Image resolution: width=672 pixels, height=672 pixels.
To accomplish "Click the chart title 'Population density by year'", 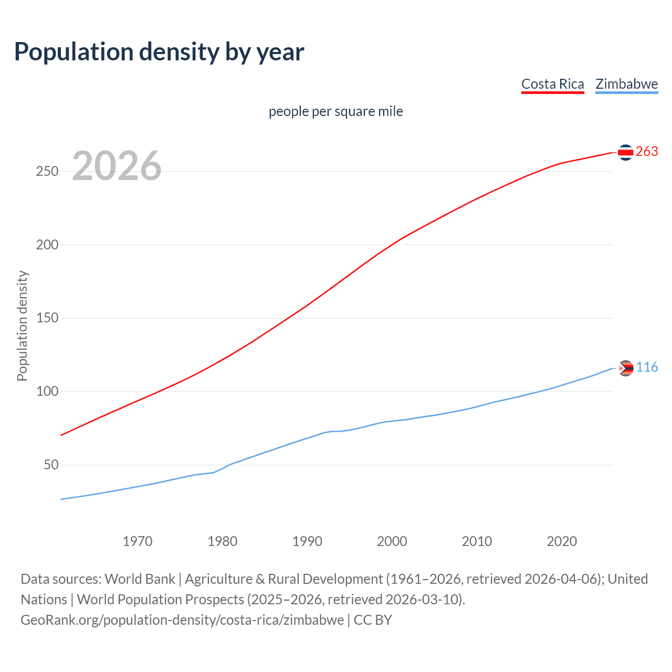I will point(159,51).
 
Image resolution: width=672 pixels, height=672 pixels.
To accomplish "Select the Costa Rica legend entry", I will point(552,84).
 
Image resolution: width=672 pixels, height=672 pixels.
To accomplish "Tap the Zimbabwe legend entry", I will point(626,84).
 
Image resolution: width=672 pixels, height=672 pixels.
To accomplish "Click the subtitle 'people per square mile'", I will point(335,111).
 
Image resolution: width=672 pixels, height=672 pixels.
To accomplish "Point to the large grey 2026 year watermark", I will point(117,166).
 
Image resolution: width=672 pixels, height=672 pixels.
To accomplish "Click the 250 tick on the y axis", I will point(47,172).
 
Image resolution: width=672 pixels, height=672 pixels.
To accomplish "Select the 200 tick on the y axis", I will point(47,245).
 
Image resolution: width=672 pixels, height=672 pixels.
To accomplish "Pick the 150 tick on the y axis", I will point(47,318).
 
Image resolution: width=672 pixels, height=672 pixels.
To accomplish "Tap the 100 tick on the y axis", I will point(47,392).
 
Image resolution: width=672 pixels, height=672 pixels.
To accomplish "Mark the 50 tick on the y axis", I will point(51,465).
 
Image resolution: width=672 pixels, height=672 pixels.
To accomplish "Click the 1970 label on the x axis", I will point(138,541).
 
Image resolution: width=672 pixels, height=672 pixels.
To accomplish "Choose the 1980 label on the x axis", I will point(222,541).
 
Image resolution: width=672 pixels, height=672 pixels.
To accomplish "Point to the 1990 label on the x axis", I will point(307,541).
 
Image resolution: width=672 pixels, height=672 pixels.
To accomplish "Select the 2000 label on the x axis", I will point(392,541).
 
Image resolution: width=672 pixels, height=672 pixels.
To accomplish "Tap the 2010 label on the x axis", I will point(477,541).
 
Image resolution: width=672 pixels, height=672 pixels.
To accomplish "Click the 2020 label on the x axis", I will point(562,541).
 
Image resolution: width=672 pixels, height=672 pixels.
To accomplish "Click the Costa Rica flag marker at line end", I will point(625,152).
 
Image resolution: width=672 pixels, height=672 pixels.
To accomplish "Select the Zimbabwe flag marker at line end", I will point(626,369).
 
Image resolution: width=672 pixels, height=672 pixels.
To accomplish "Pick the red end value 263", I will point(647,152).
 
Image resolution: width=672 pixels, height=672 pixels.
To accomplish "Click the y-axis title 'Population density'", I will point(22,325).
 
